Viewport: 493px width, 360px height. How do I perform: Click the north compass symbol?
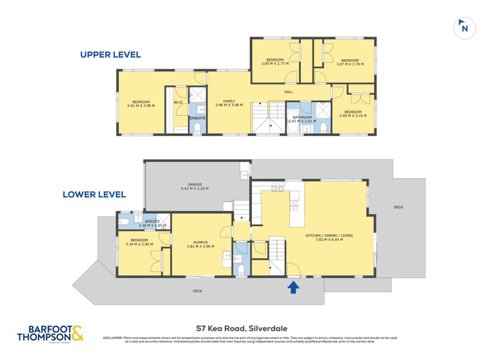(x=464, y=27)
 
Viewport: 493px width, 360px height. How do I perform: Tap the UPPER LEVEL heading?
(x=110, y=55)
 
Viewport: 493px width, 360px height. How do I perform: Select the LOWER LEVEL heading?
(x=94, y=195)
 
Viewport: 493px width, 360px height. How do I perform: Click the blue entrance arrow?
(x=293, y=287)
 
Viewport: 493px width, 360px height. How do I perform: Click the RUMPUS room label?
(x=199, y=243)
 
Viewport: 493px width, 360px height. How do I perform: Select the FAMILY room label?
(x=229, y=101)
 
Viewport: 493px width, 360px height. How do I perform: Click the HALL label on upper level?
(x=288, y=92)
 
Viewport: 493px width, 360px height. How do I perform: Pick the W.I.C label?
(x=177, y=103)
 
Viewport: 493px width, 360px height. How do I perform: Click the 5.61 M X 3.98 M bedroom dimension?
(x=141, y=106)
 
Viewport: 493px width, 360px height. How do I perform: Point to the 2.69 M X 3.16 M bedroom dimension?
(x=354, y=115)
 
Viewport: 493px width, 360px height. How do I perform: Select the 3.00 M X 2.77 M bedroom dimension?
(x=275, y=63)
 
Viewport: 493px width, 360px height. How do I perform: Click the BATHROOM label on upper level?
(x=302, y=117)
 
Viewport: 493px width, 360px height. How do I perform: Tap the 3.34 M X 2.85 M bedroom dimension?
(x=139, y=245)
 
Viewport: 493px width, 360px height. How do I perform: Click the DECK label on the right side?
(x=398, y=207)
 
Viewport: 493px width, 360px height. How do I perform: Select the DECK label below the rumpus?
(x=197, y=290)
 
